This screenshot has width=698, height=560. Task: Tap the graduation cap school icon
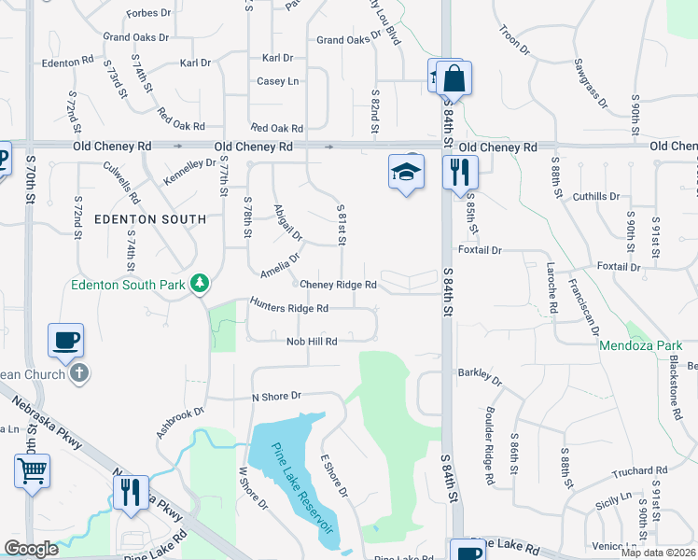[407, 172]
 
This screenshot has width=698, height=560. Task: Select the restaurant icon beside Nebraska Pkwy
[131, 492]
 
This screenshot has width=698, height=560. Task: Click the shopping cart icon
[32, 470]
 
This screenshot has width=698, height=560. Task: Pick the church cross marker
[79, 374]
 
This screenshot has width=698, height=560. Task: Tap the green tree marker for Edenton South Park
[199, 282]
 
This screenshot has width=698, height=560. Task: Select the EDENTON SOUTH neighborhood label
[149, 219]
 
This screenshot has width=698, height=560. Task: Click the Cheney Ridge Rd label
[338, 285]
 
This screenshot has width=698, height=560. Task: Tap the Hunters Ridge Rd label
[289, 307]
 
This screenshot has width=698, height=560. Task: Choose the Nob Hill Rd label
[311, 342]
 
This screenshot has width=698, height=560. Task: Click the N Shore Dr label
[278, 397]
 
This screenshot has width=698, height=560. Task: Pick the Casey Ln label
[278, 81]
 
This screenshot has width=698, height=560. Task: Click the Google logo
[32, 549]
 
